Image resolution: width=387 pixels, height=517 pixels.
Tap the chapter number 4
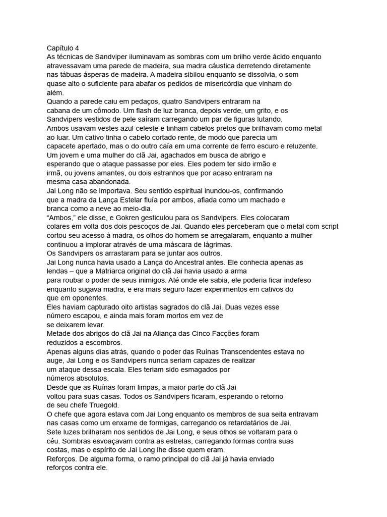[78, 48]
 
